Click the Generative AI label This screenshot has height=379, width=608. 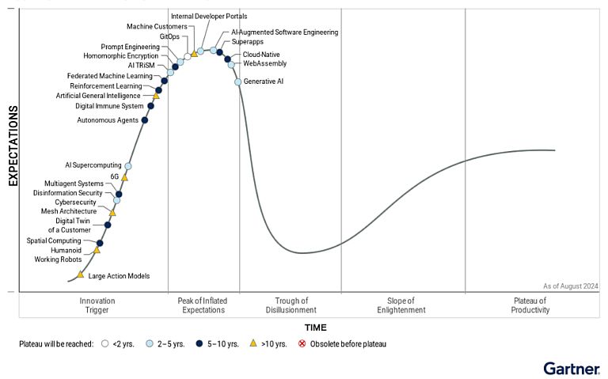click(x=264, y=81)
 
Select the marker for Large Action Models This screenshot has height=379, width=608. click(x=81, y=275)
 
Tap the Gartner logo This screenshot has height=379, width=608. click(x=571, y=368)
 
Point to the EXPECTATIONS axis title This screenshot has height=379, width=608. click(x=13, y=146)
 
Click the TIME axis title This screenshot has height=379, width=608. click(x=315, y=328)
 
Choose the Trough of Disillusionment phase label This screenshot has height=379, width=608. click(x=291, y=305)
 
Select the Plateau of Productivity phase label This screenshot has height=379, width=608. click(x=530, y=305)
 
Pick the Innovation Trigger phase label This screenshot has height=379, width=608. click(x=97, y=305)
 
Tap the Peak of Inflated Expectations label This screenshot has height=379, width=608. click(x=203, y=305)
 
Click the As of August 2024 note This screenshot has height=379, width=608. click(x=570, y=286)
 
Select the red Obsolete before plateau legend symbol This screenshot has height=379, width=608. click(x=302, y=344)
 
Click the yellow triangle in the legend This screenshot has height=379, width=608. click(x=253, y=343)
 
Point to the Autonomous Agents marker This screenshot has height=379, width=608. click(x=144, y=120)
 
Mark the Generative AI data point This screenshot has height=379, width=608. click(x=237, y=81)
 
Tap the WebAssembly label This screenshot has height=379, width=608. click(x=264, y=63)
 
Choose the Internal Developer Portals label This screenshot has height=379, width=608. click(x=209, y=16)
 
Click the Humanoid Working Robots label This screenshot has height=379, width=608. click(x=58, y=255)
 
